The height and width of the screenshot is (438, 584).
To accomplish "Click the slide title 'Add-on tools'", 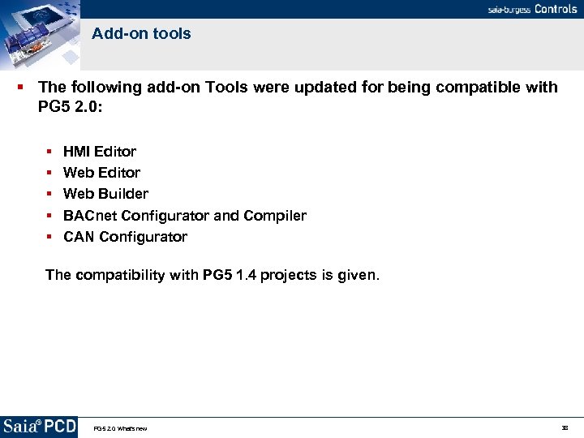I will [141, 34].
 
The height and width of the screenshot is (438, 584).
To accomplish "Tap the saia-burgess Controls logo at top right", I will [532, 9].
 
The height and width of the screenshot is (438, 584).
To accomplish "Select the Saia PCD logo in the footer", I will [39, 427].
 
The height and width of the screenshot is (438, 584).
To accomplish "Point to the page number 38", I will [565, 427].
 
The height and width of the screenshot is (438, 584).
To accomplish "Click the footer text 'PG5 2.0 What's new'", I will [120, 428].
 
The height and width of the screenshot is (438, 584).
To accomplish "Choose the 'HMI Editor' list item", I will [100, 152].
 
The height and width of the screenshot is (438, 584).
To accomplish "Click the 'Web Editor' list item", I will [101, 173].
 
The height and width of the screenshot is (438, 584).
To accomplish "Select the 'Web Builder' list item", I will [105, 194].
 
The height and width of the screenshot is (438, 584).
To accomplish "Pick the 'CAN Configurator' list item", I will [125, 237].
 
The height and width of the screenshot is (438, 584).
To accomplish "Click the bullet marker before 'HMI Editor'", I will [49, 152].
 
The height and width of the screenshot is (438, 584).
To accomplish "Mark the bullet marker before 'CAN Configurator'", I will [49, 237].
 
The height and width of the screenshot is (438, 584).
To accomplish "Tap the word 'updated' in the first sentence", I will [308, 87].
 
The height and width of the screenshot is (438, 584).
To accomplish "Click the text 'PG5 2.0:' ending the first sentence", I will [70, 106].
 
